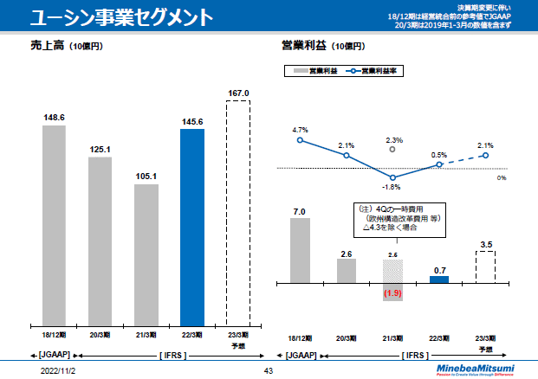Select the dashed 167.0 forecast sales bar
(238, 212)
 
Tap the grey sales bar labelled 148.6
(54, 223)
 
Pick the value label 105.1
(146, 177)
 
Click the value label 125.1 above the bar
(100, 150)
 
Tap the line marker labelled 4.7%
(300, 140)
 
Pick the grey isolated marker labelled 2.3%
(393, 149)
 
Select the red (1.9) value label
(393, 294)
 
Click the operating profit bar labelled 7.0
(300, 250)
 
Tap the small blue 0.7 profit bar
(440, 279)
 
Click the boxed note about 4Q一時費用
(393, 219)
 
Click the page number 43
(268, 370)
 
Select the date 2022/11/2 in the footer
(58, 370)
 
